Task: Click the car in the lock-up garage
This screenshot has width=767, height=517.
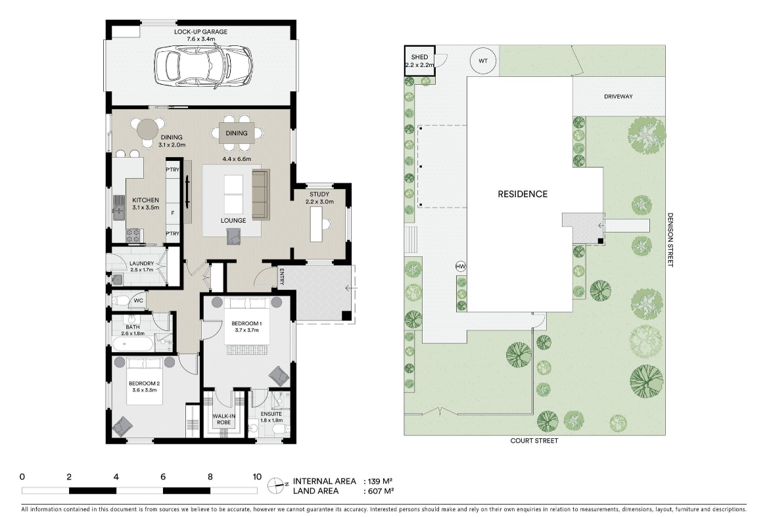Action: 202,65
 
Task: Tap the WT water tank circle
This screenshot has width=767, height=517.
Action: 484,61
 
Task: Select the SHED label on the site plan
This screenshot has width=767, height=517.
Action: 419,57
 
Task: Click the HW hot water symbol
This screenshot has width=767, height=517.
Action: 460,266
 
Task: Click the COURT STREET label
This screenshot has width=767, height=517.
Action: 534,441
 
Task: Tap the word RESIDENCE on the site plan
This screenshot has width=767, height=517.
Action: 522,194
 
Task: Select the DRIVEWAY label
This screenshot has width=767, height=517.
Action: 618,97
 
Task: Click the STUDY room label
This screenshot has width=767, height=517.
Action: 319,194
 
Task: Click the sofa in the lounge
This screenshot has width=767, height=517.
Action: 260,194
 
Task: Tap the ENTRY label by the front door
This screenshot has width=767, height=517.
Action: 281,277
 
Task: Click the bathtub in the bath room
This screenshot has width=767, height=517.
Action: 133,344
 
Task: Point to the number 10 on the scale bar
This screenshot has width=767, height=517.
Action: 257,477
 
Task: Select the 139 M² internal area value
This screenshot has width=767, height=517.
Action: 379,481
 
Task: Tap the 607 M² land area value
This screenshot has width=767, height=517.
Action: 379,491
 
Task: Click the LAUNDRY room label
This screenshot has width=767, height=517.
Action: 141,263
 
